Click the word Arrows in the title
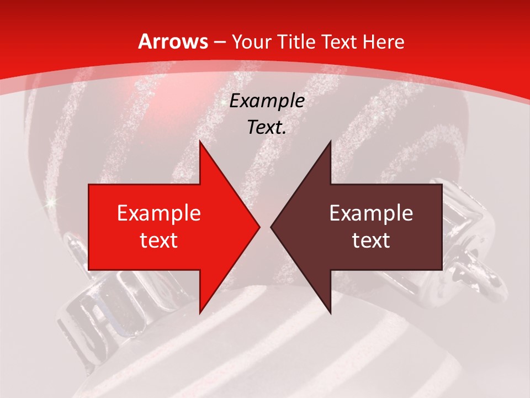[173, 41]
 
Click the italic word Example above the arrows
[267, 101]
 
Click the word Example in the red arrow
[159, 213]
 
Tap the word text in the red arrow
[159, 240]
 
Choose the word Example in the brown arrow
[371, 213]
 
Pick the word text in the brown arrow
[371, 240]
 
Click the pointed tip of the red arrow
[258, 227]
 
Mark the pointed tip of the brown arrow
[272, 227]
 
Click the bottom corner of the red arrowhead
[200, 312]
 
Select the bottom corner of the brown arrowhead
[330, 312]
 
